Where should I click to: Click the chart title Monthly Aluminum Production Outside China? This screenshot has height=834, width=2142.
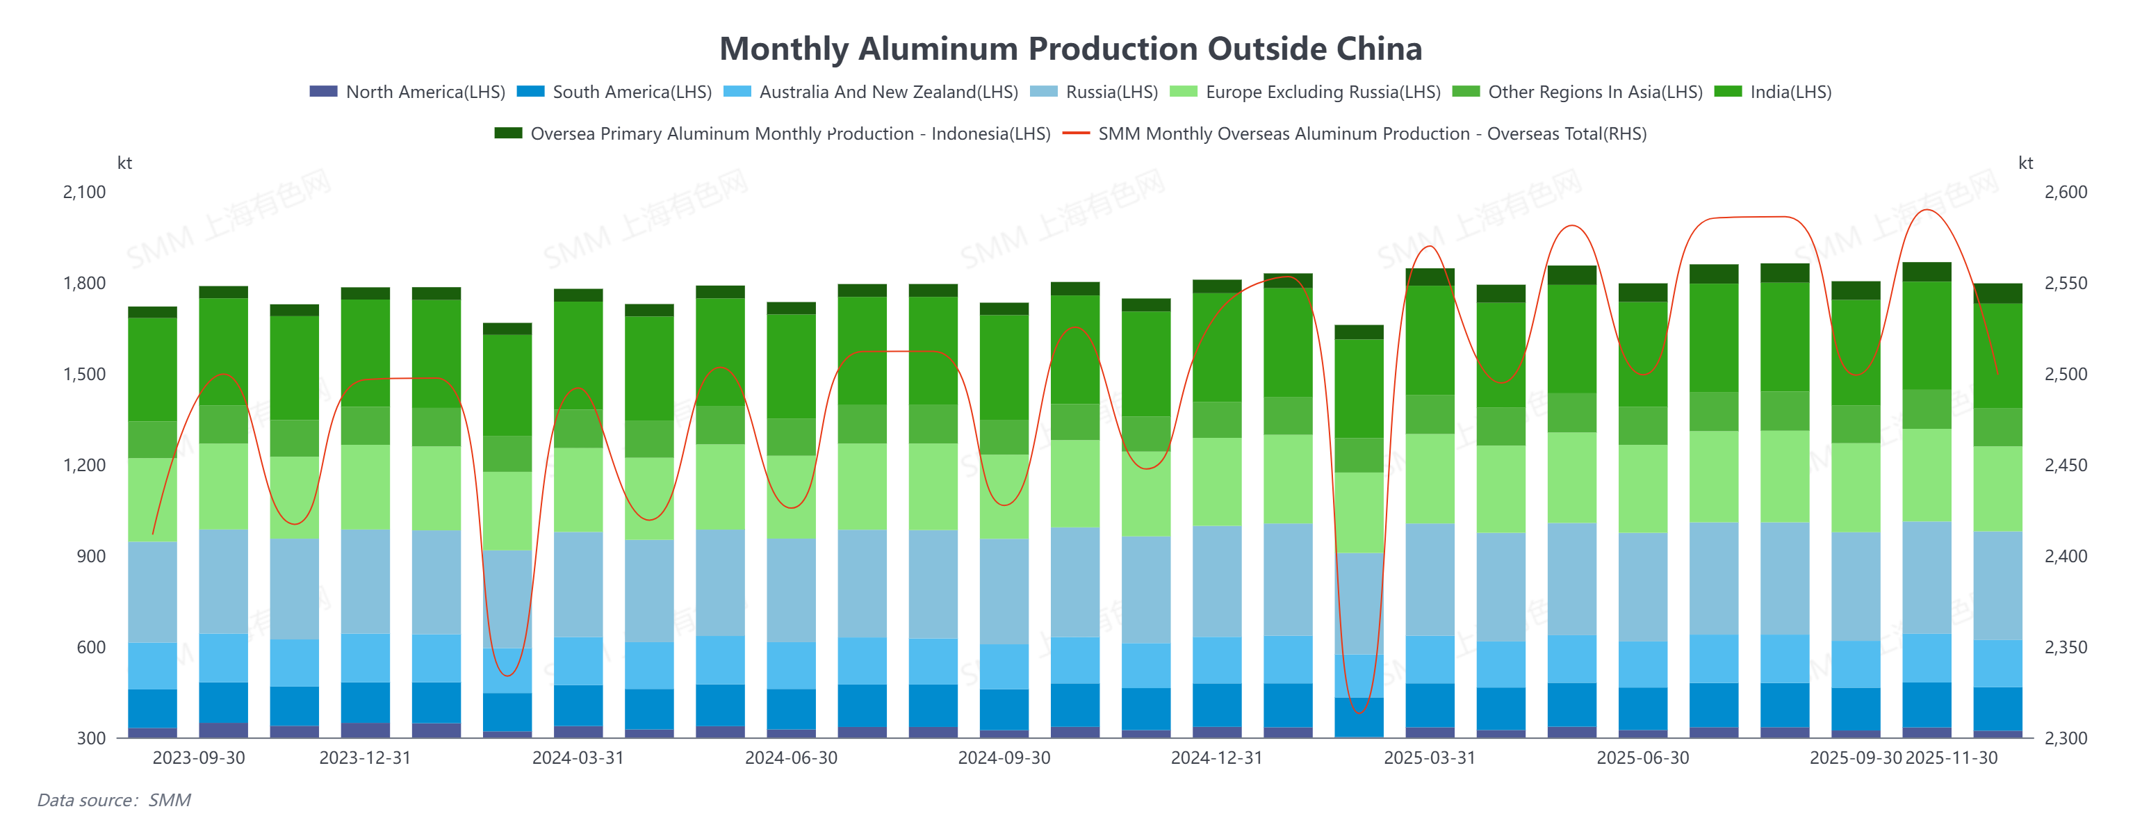click(x=1070, y=49)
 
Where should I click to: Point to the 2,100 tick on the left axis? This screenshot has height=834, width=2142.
click(x=85, y=192)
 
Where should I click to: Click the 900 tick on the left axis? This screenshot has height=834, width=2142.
click(x=92, y=556)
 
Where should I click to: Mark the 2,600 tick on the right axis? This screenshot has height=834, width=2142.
click(x=2066, y=192)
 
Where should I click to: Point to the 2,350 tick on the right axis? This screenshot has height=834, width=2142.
click(x=2066, y=647)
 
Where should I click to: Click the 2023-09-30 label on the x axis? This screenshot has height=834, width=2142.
click(x=199, y=758)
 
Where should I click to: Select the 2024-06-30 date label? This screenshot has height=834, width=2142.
click(x=791, y=758)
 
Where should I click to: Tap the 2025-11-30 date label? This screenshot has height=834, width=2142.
click(x=1951, y=758)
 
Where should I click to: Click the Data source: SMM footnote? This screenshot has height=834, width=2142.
click(x=114, y=800)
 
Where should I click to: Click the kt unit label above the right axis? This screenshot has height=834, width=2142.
click(x=2025, y=163)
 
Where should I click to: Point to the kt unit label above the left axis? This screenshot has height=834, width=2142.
click(x=124, y=163)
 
